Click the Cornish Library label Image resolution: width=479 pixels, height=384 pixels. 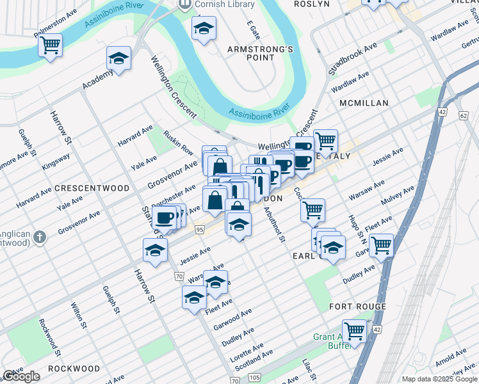click(224, 4)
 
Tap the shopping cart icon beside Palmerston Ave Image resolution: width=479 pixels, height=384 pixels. click(49, 45)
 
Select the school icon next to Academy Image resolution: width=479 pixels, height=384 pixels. click(119, 59)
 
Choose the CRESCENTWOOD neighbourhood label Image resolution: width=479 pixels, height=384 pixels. click(92, 189)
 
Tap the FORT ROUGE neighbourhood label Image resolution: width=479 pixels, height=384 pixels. click(357, 307)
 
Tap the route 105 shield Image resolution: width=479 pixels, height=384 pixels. click(255, 377)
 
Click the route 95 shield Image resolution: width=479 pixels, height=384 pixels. click(200, 229)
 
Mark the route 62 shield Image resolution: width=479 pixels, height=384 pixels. click(463, 115)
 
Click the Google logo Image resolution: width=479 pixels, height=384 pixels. click(21, 377)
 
